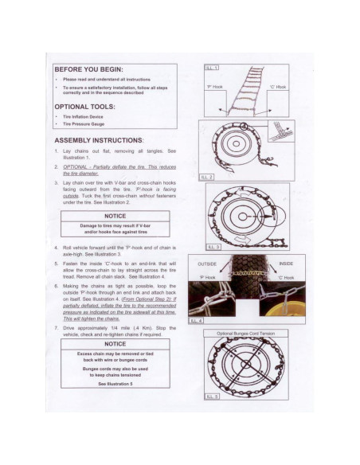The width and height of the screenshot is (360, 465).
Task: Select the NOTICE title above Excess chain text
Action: click(x=117, y=344)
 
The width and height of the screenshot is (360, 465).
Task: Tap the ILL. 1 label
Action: click(x=211, y=68)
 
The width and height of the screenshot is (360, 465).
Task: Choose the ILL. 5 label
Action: click(x=211, y=396)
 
